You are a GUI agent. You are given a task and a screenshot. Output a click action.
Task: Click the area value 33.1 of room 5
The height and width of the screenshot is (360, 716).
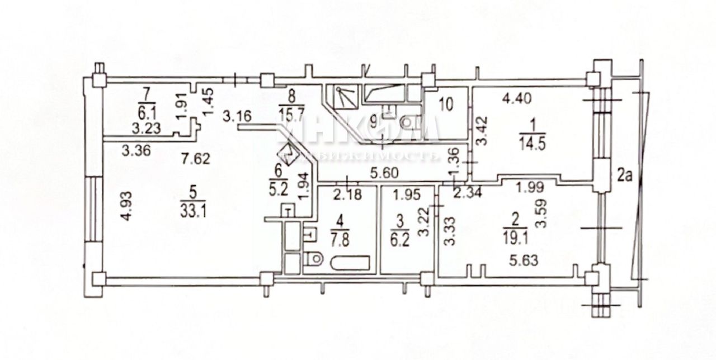[193, 210]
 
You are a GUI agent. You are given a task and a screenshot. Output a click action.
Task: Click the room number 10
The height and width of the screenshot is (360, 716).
[446, 104]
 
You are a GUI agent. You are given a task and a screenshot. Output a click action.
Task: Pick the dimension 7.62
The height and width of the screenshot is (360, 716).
[196, 159]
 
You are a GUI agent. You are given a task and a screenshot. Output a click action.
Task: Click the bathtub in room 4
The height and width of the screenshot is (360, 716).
[350, 263]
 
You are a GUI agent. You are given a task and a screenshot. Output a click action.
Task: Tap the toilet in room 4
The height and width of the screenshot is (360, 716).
[314, 258]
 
